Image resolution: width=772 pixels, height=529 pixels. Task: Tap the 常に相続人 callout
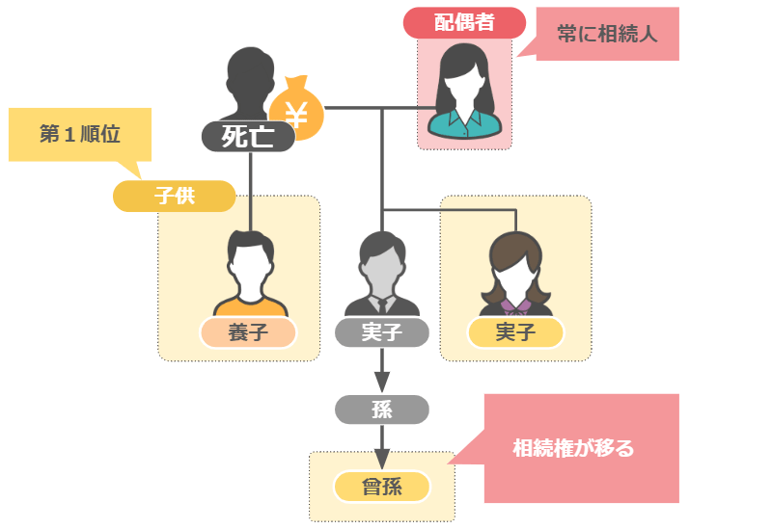pyautogui.click(x=607, y=34)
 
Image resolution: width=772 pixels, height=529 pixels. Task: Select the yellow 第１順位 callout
pyautogui.click(x=79, y=133)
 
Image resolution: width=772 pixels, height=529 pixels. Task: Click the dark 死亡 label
pyautogui.click(x=249, y=136)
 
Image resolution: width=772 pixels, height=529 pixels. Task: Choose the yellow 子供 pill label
pyautogui.click(x=174, y=195)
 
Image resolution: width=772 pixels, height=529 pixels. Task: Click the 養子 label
pyautogui.click(x=247, y=332)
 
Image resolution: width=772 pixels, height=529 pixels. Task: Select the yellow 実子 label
pyautogui.click(x=514, y=332)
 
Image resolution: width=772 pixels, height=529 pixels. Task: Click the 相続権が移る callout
pyautogui.click(x=573, y=448)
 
